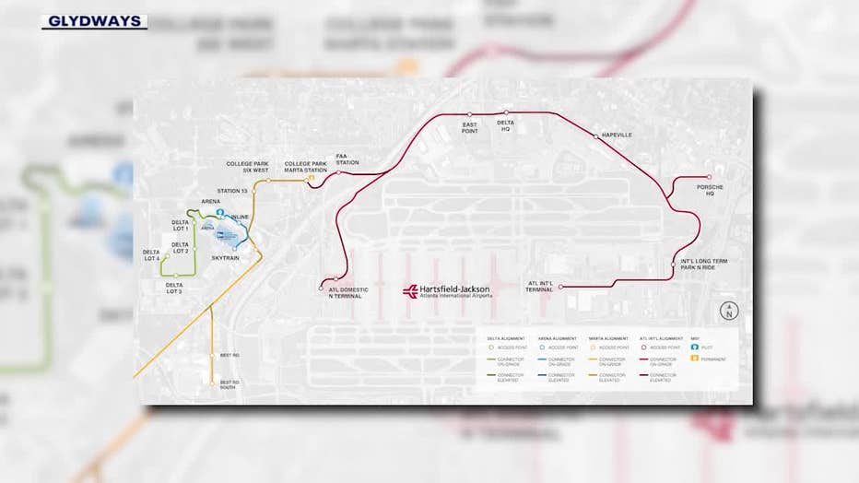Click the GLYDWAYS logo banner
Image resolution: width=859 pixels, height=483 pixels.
pos(94,21)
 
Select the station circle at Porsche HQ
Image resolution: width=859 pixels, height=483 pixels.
pos(709,177)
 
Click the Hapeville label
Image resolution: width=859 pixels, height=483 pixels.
pos(616,135)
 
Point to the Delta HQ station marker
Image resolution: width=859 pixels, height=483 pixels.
pos(506,112)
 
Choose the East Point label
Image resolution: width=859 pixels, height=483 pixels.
pos(469,127)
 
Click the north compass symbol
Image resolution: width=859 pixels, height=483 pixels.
pos(728,310)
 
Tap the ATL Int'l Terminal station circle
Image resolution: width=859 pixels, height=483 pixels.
pos(560,287)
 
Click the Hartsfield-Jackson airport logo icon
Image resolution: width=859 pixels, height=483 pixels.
pos(409,291)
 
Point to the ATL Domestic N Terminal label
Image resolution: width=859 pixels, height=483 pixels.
pos(348,293)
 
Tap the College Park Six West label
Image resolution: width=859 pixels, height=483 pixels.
pos(247,167)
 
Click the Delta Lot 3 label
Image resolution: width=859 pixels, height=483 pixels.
pos(174,288)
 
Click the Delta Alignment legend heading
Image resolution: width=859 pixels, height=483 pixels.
pos(506,338)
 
